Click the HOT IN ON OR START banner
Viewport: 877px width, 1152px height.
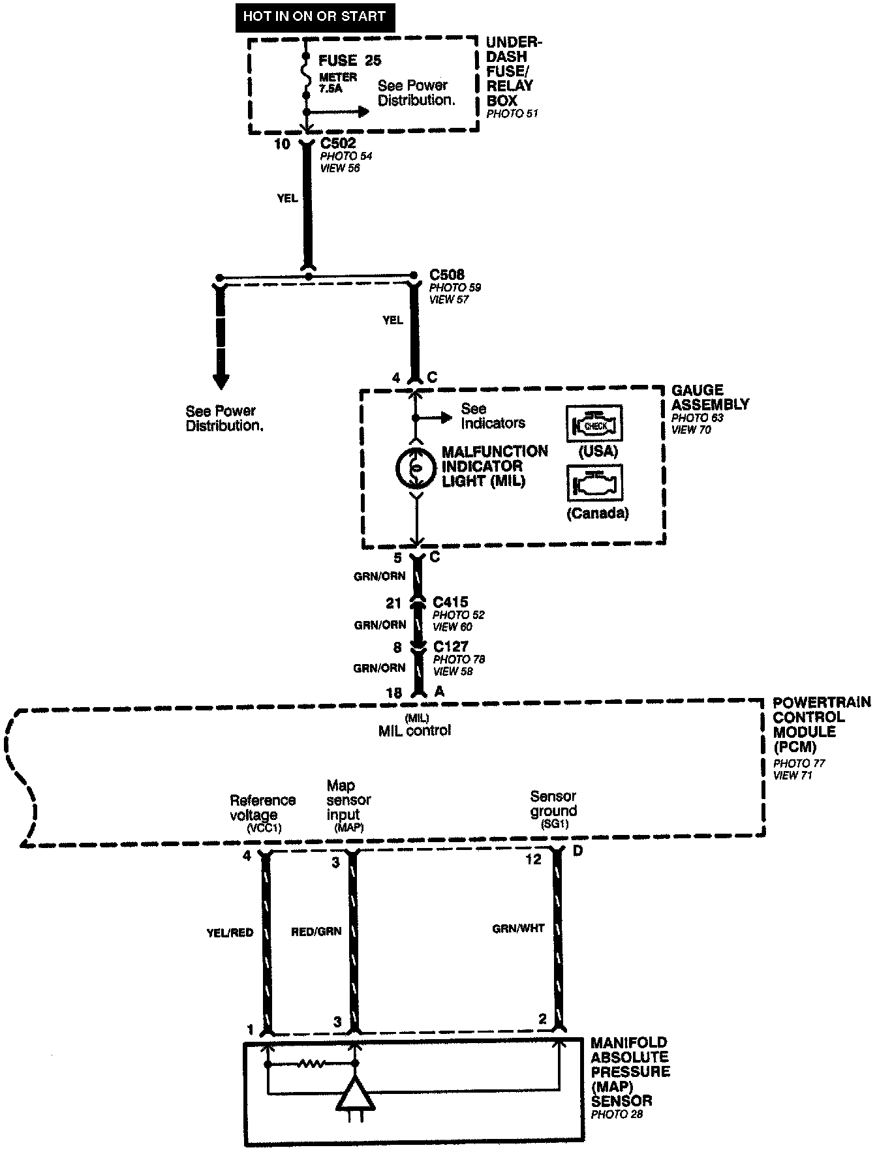pos(314,16)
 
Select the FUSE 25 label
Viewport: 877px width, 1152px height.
pos(350,61)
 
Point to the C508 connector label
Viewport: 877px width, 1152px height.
pos(447,275)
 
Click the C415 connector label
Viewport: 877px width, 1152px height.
pos(450,602)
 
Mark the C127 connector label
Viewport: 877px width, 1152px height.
pos(451,646)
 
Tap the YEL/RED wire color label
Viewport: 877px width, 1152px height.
pos(230,932)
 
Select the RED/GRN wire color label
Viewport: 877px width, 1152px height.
pos(316,932)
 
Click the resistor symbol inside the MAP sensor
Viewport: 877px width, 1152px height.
pos(311,1064)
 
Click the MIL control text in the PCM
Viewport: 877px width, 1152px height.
pos(414,731)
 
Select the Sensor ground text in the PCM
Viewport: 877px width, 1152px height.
pos(553,804)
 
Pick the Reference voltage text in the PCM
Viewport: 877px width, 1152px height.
pos(262,808)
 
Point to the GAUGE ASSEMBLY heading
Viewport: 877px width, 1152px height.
pos(710,397)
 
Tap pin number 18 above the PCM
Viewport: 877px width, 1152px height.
pos(393,693)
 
